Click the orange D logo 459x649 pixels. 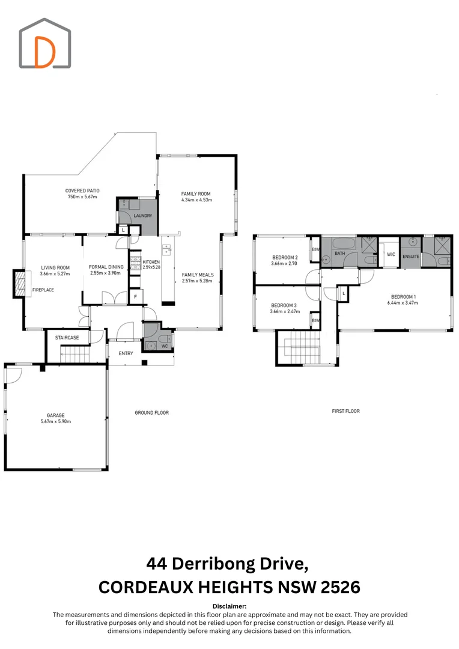pyautogui.click(x=44, y=52)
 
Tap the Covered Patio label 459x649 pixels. pyautogui.click(x=82, y=191)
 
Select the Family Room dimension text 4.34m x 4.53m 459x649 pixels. pyautogui.click(x=196, y=200)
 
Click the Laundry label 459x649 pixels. pyautogui.click(x=143, y=216)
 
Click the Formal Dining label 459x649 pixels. pyautogui.click(x=106, y=267)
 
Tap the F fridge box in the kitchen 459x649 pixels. pyautogui.click(x=135, y=297)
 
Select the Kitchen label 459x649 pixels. pyautogui.click(x=151, y=262)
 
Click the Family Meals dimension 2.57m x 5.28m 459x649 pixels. pyautogui.click(x=197, y=281)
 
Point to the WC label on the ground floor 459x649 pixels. pyautogui.click(x=165, y=346)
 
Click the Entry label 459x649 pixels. pyautogui.click(x=126, y=353)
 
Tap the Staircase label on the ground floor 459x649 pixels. pyautogui.click(x=67, y=338)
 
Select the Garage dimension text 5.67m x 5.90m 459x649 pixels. pyautogui.click(x=55, y=421)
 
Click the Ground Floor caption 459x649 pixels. pyautogui.click(x=152, y=413)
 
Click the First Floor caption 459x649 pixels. pyautogui.click(x=345, y=411)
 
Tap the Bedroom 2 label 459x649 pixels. pyautogui.click(x=285, y=257)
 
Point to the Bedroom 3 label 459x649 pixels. pyautogui.click(x=284, y=305)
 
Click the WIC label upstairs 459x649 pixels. pyautogui.click(x=391, y=255)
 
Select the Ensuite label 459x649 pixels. pyautogui.click(x=411, y=257)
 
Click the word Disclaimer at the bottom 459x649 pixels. pyautogui.click(x=229, y=606)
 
